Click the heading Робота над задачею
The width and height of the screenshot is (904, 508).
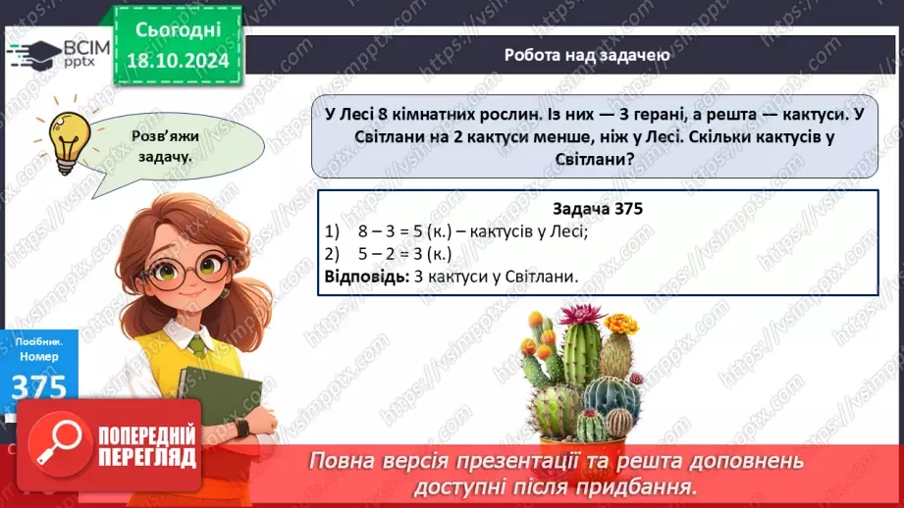pyautogui.click(x=587, y=55)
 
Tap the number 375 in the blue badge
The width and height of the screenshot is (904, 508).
pyautogui.click(x=40, y=388)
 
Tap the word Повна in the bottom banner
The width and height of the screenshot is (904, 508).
pyautogui.click(x=344, y=461)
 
